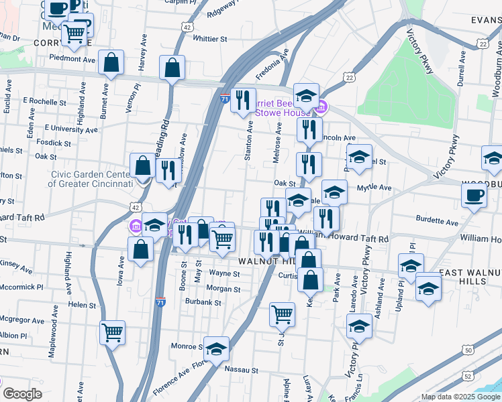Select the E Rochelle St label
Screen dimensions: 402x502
[x=42, y=100]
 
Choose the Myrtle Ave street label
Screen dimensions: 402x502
[x=374, y=188]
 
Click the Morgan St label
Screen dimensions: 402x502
[x=223, y=289]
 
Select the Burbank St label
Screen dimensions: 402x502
[x=204, y=302]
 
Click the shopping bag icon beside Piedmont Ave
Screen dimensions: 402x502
[x=111, y=62]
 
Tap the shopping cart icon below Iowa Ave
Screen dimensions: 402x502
[x=112, y=332]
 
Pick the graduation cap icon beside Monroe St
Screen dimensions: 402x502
[x=216, y=348]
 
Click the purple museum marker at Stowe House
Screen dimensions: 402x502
[x=321, y=106]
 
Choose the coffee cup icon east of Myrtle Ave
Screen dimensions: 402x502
[x=474, y=195]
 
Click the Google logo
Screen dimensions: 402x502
[x=23, y=394]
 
